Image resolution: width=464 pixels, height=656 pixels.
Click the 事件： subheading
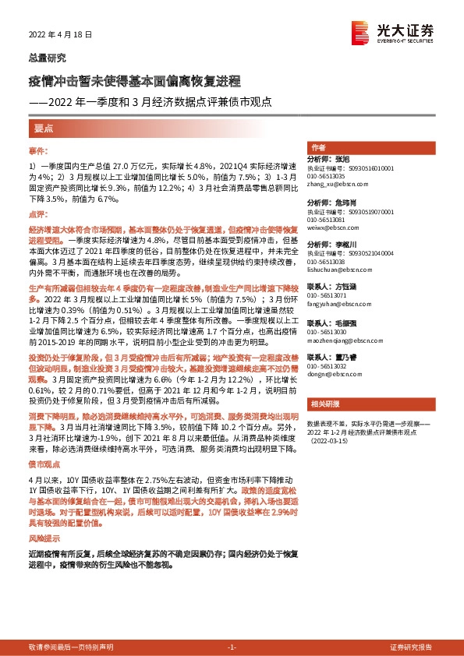[38, 149]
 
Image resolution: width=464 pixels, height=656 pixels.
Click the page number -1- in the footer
[232, 647]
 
